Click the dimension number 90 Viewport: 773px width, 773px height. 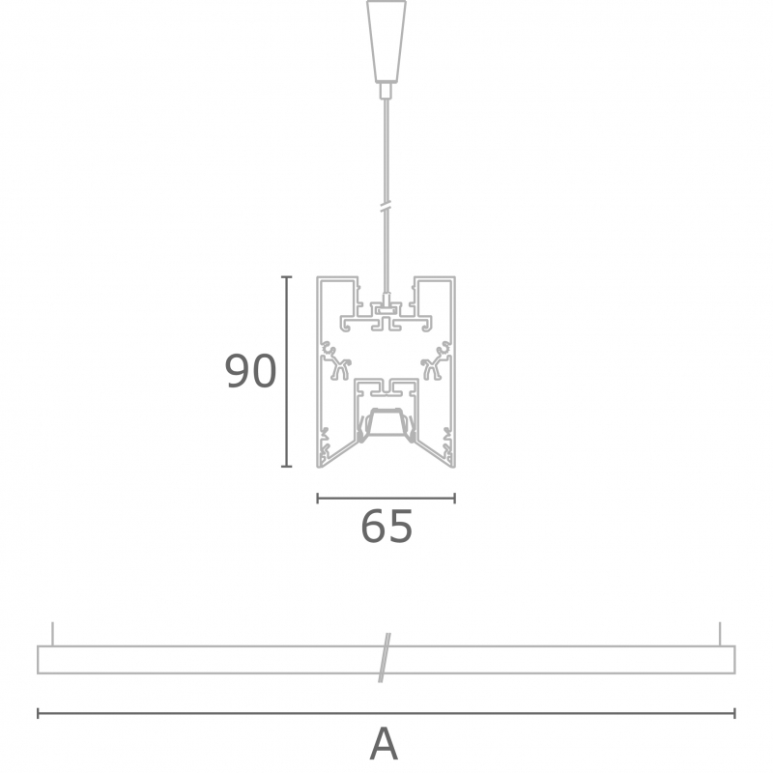[250, 371]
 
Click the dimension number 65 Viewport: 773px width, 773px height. [387, 527]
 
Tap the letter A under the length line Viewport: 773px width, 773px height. [384, 743]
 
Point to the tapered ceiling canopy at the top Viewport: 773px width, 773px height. [386, 41]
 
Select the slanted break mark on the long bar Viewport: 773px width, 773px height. [385, 658]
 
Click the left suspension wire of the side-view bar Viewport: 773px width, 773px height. [53, 634]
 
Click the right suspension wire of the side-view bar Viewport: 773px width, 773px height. [720, 634]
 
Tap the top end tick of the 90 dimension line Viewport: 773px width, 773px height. [286, 277]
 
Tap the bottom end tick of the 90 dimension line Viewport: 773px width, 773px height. [286, 466]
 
